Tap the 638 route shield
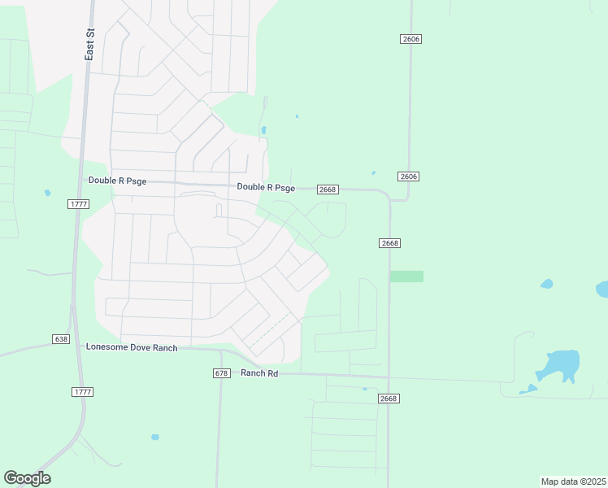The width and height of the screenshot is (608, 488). pyautogui.click(x=60, y=338)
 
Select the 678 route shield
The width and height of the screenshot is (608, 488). pyautogui.click(x=221, y=373)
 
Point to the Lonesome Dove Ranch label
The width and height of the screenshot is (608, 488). pyautogui.click(x=132, y=347)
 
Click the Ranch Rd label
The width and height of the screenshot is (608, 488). pyautogui.click(x=259, y=373)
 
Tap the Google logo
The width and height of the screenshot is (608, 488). pyautogui.click(x=27, y=478)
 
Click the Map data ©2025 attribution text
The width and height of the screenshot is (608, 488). pyautogui.click(x=573, y=481)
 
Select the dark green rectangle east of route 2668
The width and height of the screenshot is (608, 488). pyautogui.click(x=406, y=277)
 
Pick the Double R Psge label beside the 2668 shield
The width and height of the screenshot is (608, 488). pyautogui.click(x=266, y=187)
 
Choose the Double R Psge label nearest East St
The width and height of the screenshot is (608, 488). pyautogui.click(x=117, y=181)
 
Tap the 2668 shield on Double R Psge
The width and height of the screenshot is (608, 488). pyautogui.click(x=328, y=190)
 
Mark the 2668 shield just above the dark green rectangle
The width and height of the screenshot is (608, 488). pyautogui.click(x=389, y=243)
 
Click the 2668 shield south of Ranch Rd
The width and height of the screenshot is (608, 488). pyautogui.click(x=389, y=399)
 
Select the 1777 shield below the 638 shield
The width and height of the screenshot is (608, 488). pyautogui.click(x=82, y=392)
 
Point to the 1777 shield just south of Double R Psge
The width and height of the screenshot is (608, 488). pyautogui.click(x=78, y=204)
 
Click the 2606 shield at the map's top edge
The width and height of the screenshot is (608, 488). pyautogui.click(x=410, y=39)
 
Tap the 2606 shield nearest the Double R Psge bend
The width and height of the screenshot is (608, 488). pyautogui.click(x=409, y=176)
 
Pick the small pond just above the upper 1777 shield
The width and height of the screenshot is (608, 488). pyautogui.click(x=48, y=193)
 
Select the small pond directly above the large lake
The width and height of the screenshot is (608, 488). pyautogui.click(x=546, y=285)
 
